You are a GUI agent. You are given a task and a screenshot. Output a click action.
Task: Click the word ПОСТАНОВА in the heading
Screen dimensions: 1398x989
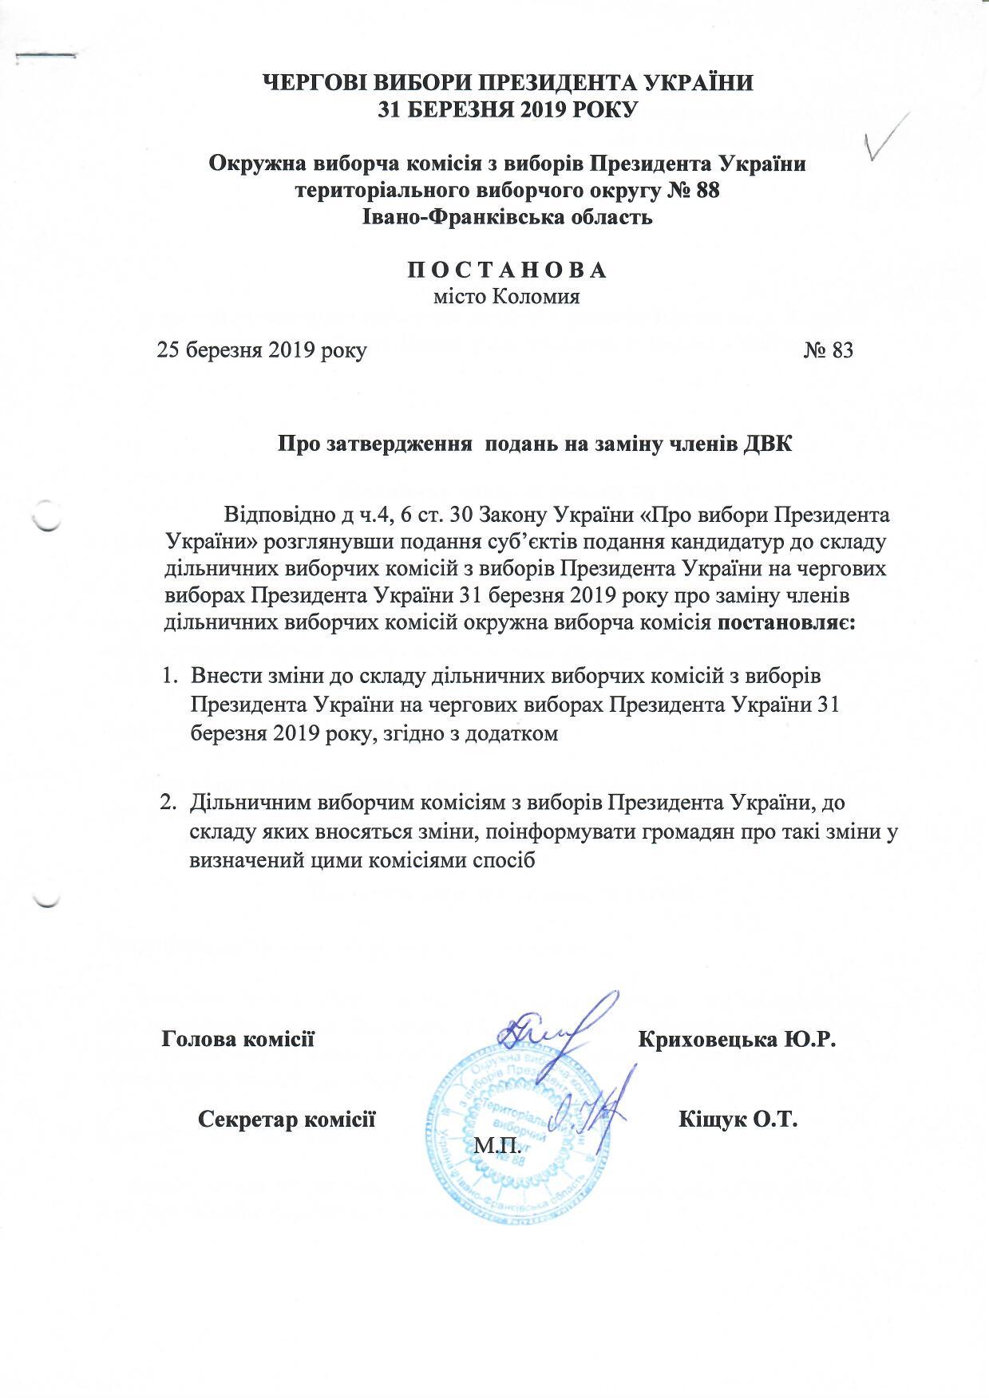coord(508,270)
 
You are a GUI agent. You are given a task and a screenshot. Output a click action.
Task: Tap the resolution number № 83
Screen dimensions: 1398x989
coord(829,350)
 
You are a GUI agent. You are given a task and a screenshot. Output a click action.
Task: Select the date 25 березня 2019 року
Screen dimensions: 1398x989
coord(262,350)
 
